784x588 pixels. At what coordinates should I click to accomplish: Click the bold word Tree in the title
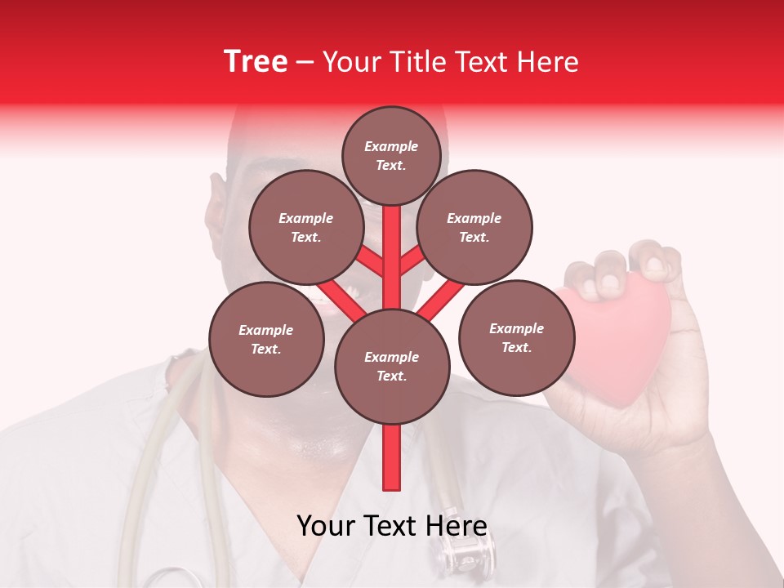coord(256,62)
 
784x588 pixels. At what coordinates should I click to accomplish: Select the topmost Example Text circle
coord(391,155)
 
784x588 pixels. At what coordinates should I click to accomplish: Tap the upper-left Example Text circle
coord(305,227)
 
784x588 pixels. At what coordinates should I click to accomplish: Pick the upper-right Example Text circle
coord(474,227)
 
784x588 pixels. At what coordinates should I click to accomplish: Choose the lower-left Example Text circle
coord(265,339)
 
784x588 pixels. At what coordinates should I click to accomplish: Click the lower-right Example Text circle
coord(516,337)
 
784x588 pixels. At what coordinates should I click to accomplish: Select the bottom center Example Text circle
coord(392,366)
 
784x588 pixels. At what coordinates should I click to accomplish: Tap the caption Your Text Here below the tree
coord(392,526)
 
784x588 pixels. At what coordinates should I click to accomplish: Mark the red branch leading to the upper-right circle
coord(413,261)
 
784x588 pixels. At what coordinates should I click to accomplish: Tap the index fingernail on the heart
coord(608,283)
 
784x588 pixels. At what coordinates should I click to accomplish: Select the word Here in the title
coord(548,62)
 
